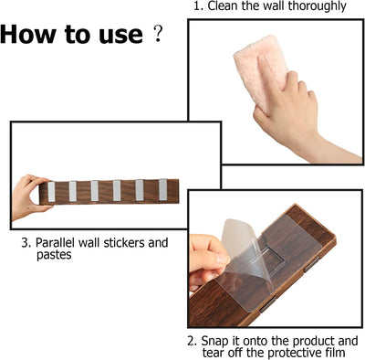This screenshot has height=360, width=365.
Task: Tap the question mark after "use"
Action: click(158, 34)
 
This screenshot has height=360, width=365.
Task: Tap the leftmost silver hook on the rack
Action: click(51, 192)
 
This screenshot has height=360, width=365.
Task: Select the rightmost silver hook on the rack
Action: click(162, 190)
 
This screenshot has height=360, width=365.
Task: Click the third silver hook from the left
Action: click(94, 191)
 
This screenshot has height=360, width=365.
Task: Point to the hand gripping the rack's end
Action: click(29, 196)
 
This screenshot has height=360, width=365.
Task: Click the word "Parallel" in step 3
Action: click(55, 243)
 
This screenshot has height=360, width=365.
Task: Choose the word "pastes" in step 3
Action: click(54, 255)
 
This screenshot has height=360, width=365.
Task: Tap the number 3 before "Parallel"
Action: click(25, 243)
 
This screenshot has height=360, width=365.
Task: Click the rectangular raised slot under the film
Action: click(272, 259)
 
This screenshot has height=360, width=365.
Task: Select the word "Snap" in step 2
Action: click(214, 341)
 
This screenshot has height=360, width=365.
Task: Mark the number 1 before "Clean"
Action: click(198, 6)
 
